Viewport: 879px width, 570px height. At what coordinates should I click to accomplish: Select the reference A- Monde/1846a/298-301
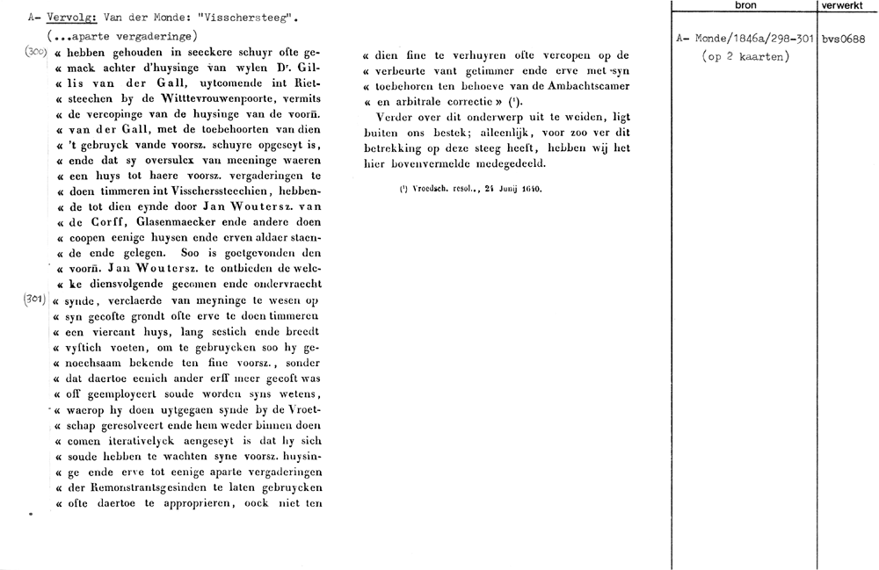[745, 39]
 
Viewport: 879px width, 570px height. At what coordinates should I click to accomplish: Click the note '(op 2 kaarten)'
[745, 57]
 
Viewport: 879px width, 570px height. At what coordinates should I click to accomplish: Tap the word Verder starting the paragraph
[393, 118]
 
